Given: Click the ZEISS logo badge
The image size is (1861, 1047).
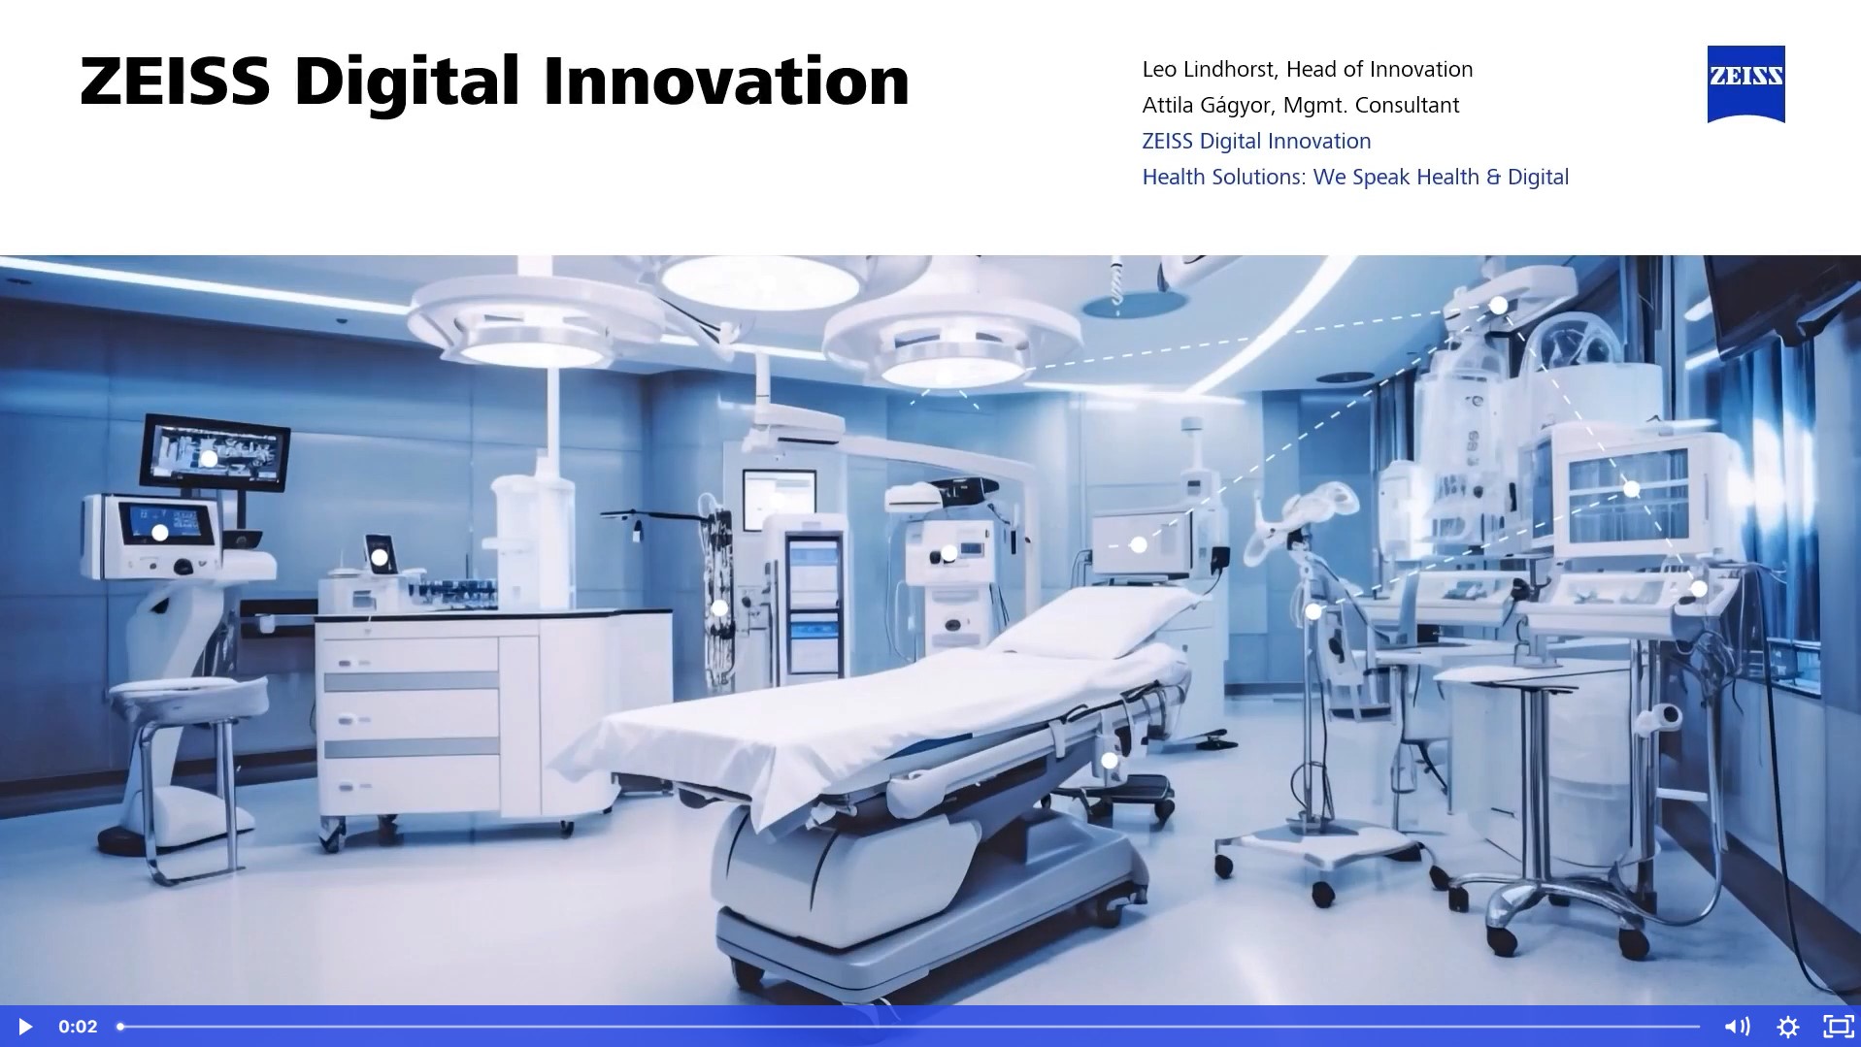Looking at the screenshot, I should (1745, 82).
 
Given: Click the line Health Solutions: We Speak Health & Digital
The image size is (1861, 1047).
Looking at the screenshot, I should (1354, 177).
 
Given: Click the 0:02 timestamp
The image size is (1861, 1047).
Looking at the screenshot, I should (78, 1027).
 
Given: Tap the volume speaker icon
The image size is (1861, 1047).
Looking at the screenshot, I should (1736, 1027).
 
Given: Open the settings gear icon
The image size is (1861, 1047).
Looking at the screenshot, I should (1787, 1027).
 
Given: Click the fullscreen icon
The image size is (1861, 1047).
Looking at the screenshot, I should (1838, 1027).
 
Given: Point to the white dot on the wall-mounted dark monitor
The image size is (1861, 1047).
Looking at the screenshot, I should (209, 458).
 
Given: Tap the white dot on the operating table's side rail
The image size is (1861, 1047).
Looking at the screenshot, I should (1110, 761).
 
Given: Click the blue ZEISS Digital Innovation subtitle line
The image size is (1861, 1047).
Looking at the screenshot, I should (1256, 141).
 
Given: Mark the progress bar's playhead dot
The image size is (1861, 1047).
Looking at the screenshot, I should (120, 1027).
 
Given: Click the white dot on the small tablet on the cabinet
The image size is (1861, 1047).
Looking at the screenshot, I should (380, 557).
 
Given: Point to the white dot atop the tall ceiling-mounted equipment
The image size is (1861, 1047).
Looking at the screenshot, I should (1499, 306).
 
